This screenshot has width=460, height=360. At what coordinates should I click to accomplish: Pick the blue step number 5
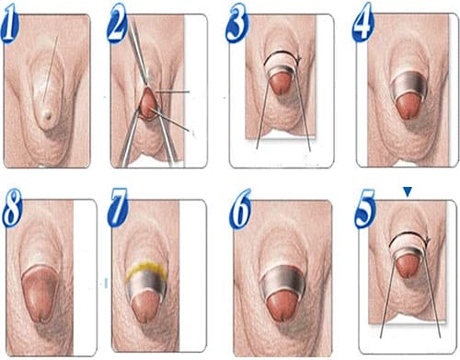tap(367, 213)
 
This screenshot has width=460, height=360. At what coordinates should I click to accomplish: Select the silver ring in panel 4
tap(407, 90)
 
